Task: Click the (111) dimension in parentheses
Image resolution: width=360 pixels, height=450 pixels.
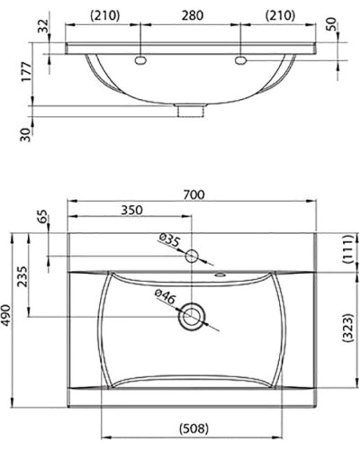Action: click(345, 251)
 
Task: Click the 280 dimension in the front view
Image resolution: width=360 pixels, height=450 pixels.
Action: click(192, 14)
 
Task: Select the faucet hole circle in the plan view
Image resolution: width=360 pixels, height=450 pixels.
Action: click(192, 256)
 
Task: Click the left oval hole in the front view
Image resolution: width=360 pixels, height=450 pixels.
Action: click(141, 60)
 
